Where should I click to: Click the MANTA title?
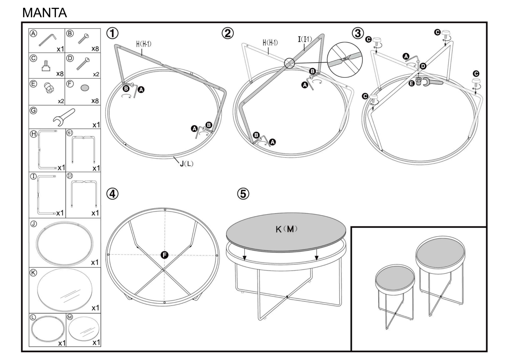tap(44, 13)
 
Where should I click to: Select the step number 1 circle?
tap(113, 33)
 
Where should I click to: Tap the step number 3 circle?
tap(357, 33)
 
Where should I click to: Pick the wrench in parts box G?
tap(64, 116)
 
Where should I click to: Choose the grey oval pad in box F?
tap(85, 88)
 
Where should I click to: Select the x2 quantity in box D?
tap(96, 74)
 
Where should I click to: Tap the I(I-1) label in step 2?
tap(305, 40)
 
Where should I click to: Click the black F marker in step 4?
tap(165, 255)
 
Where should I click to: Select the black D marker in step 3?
tap(423, 66)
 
